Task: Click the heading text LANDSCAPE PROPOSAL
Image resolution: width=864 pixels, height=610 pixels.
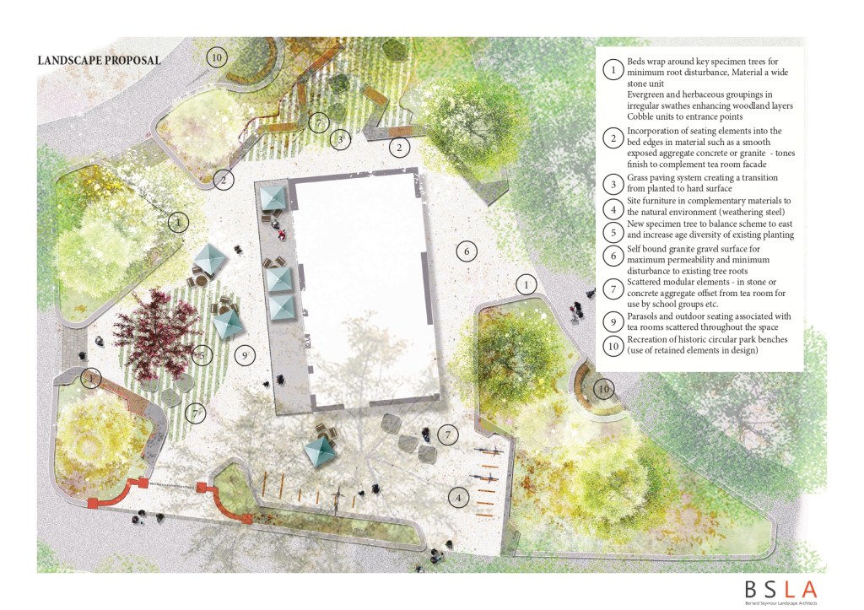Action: [x=100, y=60]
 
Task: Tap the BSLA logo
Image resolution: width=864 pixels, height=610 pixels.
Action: [x=780, y=591]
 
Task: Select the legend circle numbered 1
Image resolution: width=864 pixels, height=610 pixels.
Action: [x=613, y=70]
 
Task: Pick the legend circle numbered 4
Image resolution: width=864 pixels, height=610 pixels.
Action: [x=613, y=209]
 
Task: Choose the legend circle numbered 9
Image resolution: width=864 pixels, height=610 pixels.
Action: [x=613, y=321]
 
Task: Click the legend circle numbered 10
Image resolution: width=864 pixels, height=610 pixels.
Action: [x=613, y=346]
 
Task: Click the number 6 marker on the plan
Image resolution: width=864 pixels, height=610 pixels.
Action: [x=466, y=251]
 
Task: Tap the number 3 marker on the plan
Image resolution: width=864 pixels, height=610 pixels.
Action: [x=340, y=140]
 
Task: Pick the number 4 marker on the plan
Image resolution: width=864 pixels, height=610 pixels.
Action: [x=458, y=498]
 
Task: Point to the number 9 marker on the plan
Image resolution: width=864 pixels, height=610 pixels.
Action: [x=245, y=356]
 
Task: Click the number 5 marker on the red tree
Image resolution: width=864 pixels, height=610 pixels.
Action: [x=202, y=356]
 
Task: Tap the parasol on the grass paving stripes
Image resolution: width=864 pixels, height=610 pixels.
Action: [x=227, y=323]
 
